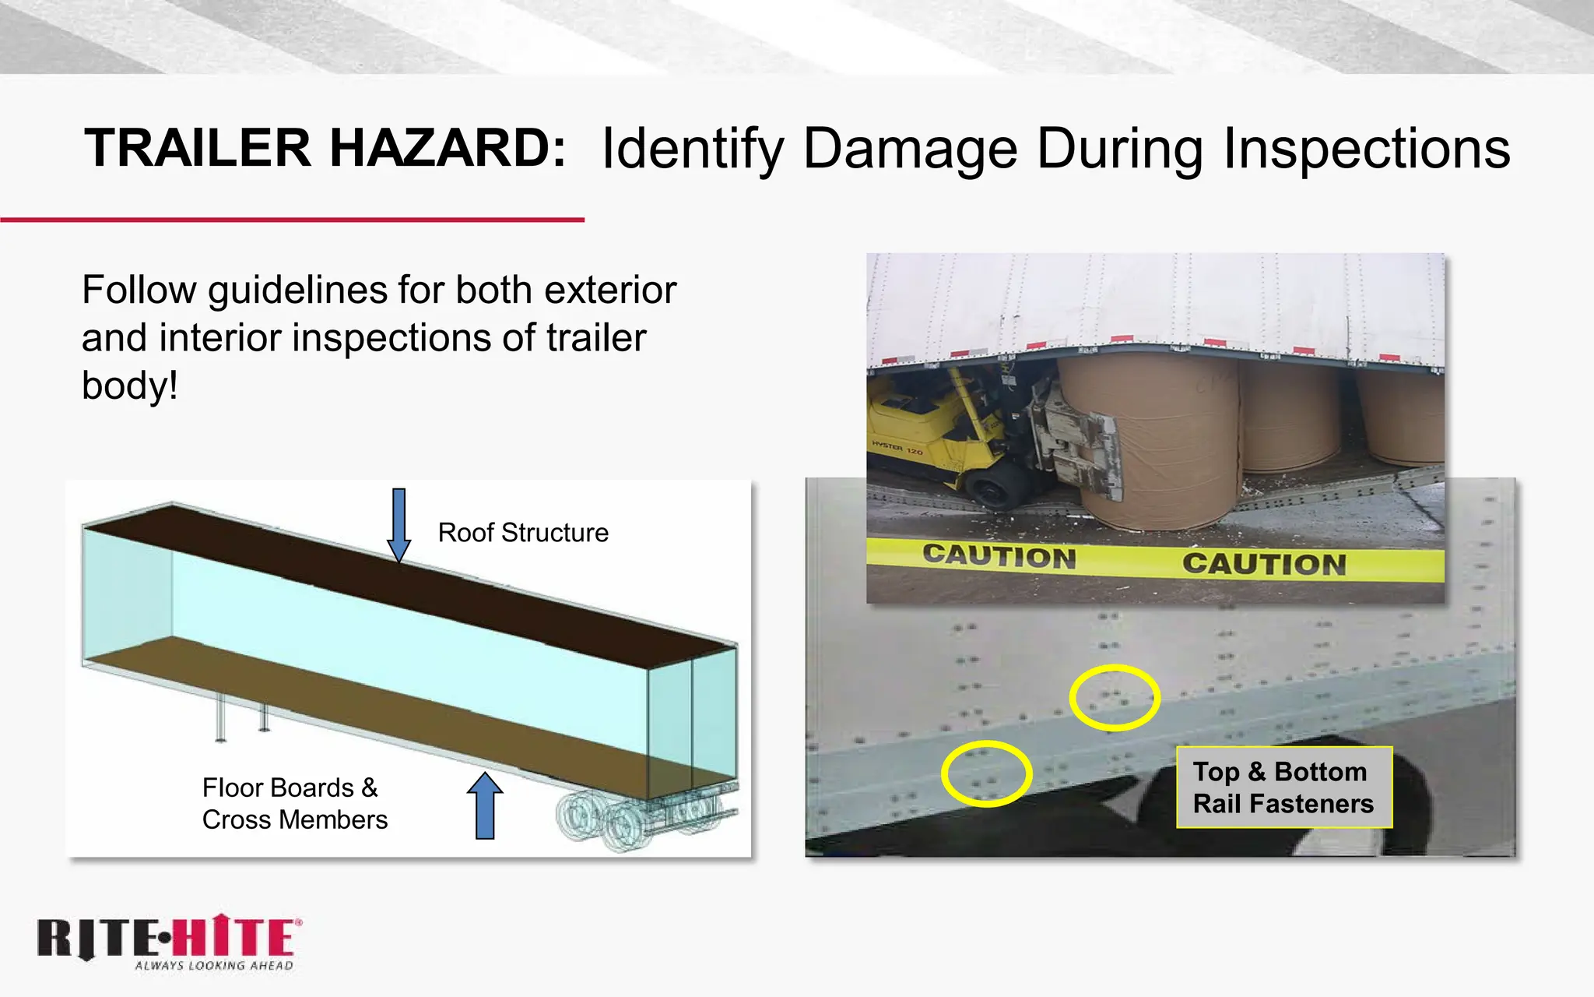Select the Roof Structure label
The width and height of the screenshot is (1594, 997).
[x=523, y=533]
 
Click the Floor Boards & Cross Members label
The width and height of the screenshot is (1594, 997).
[x=294, y=804]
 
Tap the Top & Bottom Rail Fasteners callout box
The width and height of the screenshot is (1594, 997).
[x=1283, y=787]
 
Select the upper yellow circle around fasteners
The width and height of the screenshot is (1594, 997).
[x=1115, y=697]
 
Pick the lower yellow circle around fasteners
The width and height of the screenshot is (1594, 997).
[x=986, y=773]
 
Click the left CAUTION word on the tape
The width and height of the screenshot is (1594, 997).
[x=999, y=556]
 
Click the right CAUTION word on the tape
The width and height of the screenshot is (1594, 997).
[x=1264, y=563]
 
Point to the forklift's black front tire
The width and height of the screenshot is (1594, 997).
[x=992, y=491]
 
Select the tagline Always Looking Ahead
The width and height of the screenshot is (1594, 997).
[x=214, y=966]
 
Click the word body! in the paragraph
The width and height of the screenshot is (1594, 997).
[x=130, y=386]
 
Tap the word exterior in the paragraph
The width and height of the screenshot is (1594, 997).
[x=610, y=290]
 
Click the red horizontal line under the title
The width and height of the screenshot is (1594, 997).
[x=292, y=220]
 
